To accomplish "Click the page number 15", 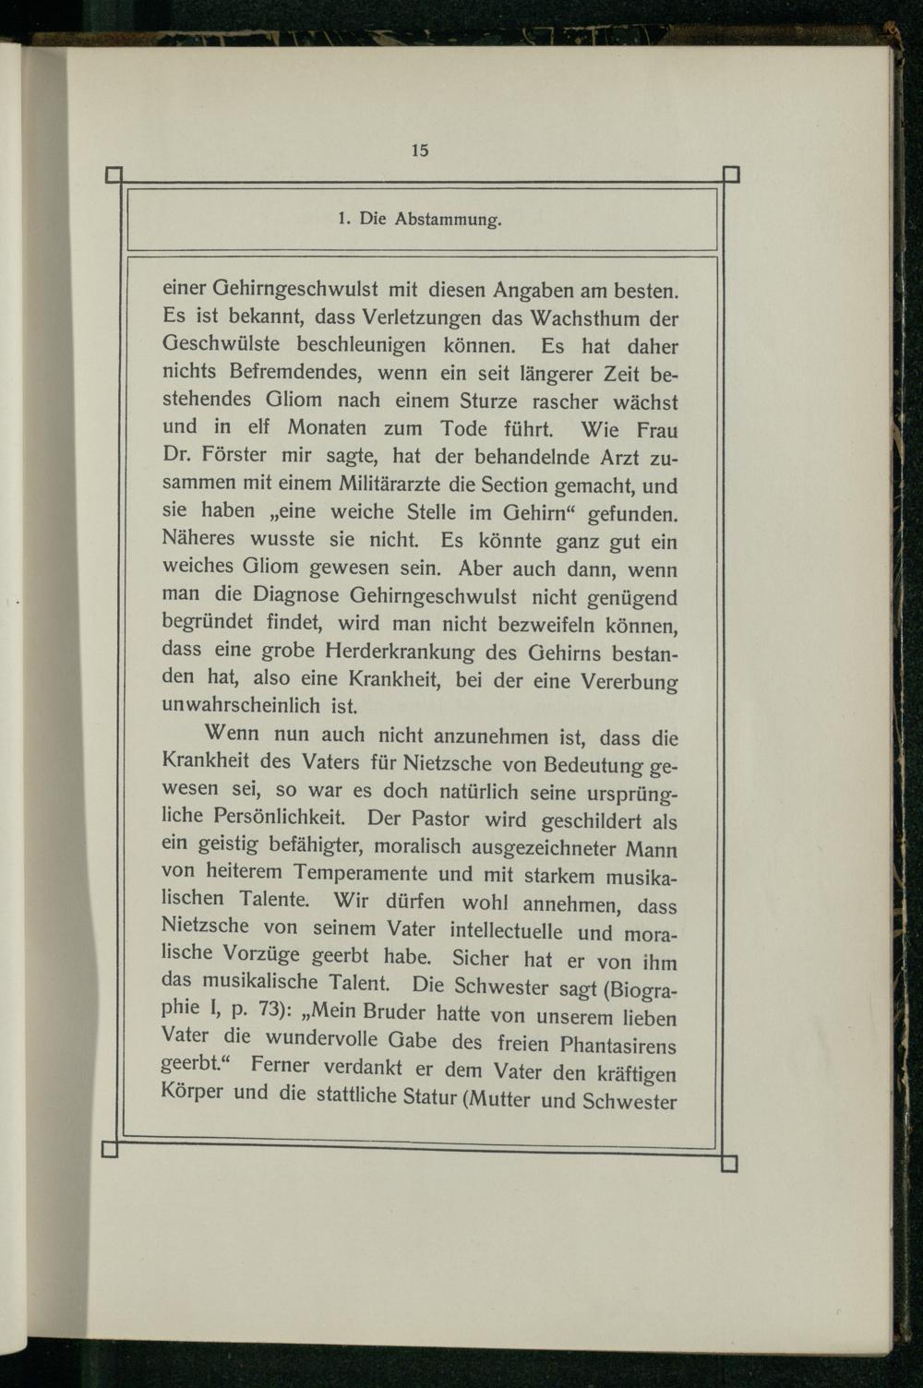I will pos(420,150).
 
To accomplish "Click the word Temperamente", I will pos(360,873).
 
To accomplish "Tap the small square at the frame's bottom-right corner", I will pos(729,1164).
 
